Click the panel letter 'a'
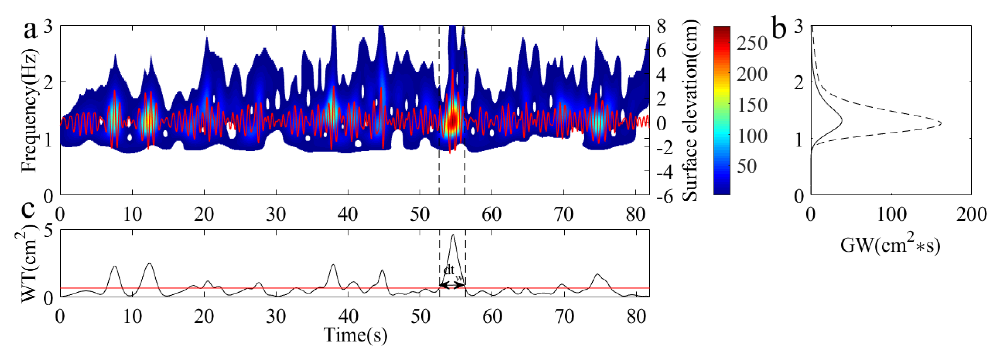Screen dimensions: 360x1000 coord(31,30)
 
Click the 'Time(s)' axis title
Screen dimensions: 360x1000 coord(355,335)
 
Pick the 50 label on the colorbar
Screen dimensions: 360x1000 coord(747,166)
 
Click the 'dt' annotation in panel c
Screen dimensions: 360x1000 coord(449,270)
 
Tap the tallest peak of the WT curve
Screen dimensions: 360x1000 coord(453,235)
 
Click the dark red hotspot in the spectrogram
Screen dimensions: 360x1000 coord(452,121)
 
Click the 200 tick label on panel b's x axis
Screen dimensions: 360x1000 coord(972,214)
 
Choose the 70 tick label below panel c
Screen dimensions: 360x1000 coord(564,317)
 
